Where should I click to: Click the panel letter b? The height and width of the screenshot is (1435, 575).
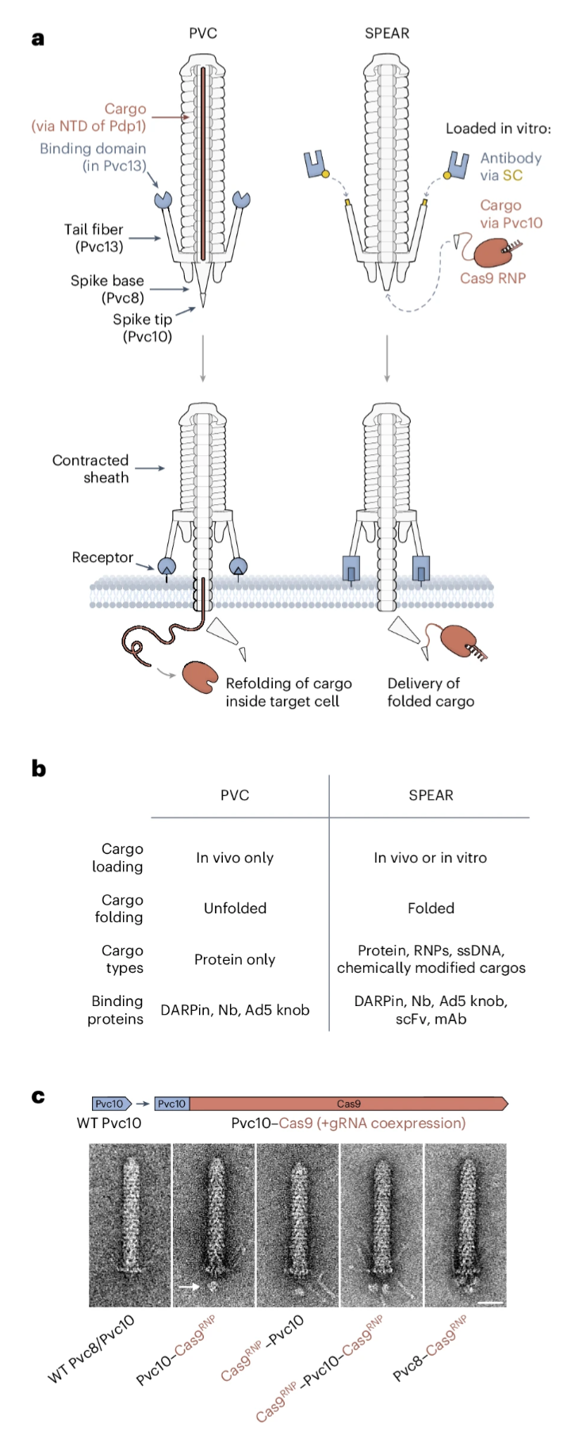tap(38, 768)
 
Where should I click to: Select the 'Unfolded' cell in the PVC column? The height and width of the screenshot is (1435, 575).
tap(235, 909)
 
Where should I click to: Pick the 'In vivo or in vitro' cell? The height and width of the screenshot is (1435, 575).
tap(430, 858)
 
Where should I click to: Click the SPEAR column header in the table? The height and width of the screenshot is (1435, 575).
tap(431, 795)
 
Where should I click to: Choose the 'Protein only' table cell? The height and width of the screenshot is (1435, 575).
tap(235, 959)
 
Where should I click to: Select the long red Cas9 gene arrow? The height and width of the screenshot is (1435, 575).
tap(349, 1104)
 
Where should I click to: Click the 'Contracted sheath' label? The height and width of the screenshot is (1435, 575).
tap(90, 469)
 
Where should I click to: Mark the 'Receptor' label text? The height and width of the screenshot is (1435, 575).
tap(102, 557)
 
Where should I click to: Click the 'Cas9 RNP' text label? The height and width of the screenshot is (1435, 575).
tap(493, 278)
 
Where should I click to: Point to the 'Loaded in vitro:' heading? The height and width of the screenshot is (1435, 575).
tap(497, 128)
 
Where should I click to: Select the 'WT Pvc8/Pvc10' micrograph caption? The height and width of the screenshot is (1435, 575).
tap(90, 1349)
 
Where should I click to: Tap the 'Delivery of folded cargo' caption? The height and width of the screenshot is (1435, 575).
tap(431, 692)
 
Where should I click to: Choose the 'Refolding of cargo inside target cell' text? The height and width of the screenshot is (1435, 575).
tap(288, 692)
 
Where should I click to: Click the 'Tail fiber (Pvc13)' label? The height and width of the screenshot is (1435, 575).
tap(94, 238)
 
